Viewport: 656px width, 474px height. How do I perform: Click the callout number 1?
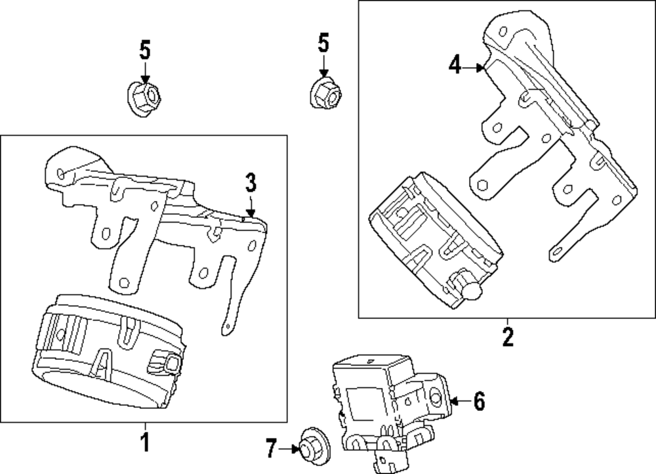[x=145, y=442]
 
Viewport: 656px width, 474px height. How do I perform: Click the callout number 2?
[x=508, y=337]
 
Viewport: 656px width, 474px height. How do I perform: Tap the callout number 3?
[x=250, y=183]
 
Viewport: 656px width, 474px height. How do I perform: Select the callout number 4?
[x=455, y=65]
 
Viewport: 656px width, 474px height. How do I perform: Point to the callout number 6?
[x=480, y=401]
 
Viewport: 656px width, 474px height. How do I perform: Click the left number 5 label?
[x=145, y=51]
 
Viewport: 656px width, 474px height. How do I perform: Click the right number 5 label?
[x=323, y=43]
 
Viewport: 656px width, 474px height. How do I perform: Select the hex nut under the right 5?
[x=326, y=93]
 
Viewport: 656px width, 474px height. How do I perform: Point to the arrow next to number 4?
[x=473, y=67]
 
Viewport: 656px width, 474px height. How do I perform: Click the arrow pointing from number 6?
[x=461, y=401]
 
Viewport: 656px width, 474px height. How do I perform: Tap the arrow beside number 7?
[x=289, y=448]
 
